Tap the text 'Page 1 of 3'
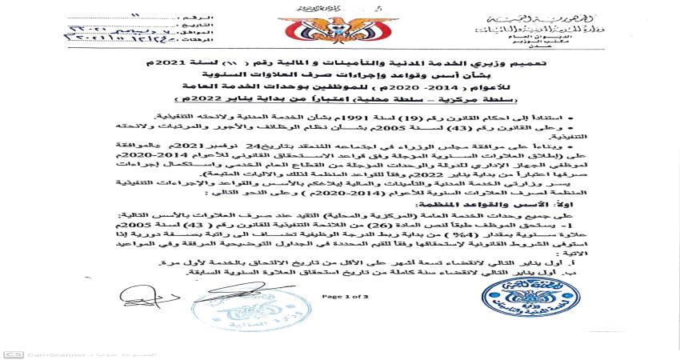pyautogui.click(x=341, y=296)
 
